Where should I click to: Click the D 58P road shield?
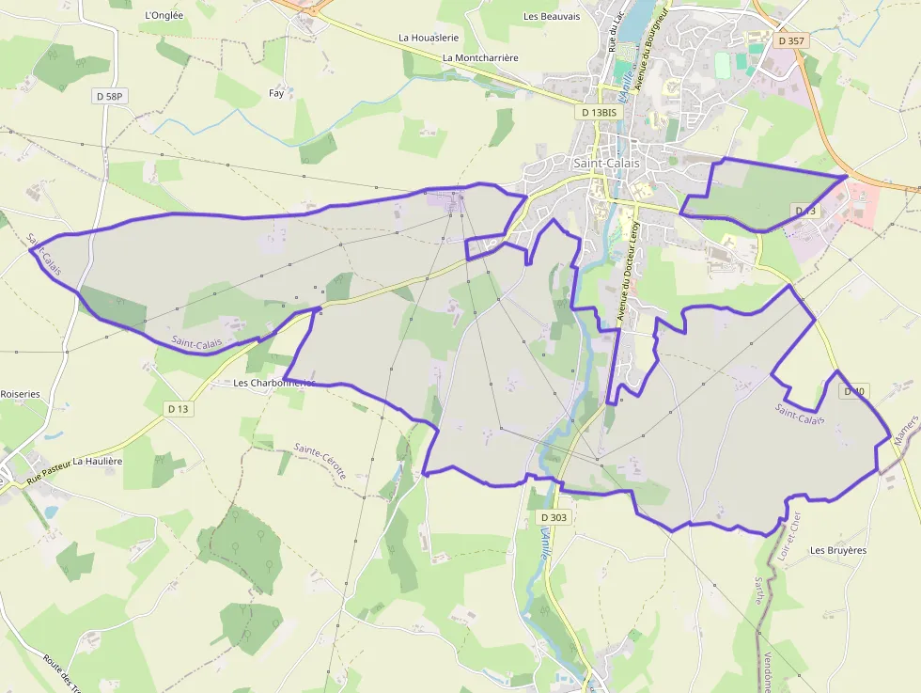coord(110,96)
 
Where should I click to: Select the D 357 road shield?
coord(792,41)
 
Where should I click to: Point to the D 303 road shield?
coord(554,517)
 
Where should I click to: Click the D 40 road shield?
coord(854,390)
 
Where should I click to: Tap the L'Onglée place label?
coord(166,15)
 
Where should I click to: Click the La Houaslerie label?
coord(429,38)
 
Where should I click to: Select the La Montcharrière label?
coord(480,57)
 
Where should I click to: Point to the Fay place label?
coord(276,93)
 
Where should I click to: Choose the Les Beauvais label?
coord(552,16)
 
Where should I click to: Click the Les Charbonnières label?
coord(273,383)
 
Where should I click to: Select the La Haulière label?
coord(98,461)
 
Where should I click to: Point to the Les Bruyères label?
coord(837,550)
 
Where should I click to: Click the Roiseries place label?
coord(21,394)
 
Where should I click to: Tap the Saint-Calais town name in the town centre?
coord(606,163)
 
